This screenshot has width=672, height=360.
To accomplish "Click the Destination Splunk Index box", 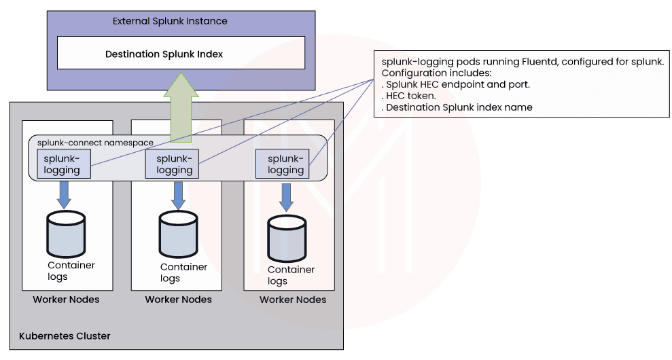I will (x=181, y=53).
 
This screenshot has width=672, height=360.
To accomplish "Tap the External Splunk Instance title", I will (x=170, y=21).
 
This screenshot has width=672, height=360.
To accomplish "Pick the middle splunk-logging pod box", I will (x=172, y=164).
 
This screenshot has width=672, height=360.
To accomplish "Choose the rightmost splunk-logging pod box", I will (x=282, y=164).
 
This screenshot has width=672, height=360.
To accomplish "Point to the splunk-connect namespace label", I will (x=95, y=143).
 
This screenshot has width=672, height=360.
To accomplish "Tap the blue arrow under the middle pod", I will (x=178, y=194).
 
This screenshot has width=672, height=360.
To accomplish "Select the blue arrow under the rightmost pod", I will (x=287, y=197).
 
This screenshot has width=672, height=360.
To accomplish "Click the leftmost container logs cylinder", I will (x=66, y=234).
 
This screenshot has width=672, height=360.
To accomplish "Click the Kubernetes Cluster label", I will (x=65, y=336).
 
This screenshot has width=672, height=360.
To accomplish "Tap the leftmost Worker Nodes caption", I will (x=66, y=300).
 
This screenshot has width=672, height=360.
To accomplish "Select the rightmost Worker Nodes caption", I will (x=293, y=300).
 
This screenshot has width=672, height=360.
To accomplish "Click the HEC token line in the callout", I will (x=408, y=96).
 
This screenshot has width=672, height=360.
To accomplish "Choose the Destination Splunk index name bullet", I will (x=457, y=107).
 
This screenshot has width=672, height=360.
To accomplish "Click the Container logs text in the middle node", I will (x=183, y=272).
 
